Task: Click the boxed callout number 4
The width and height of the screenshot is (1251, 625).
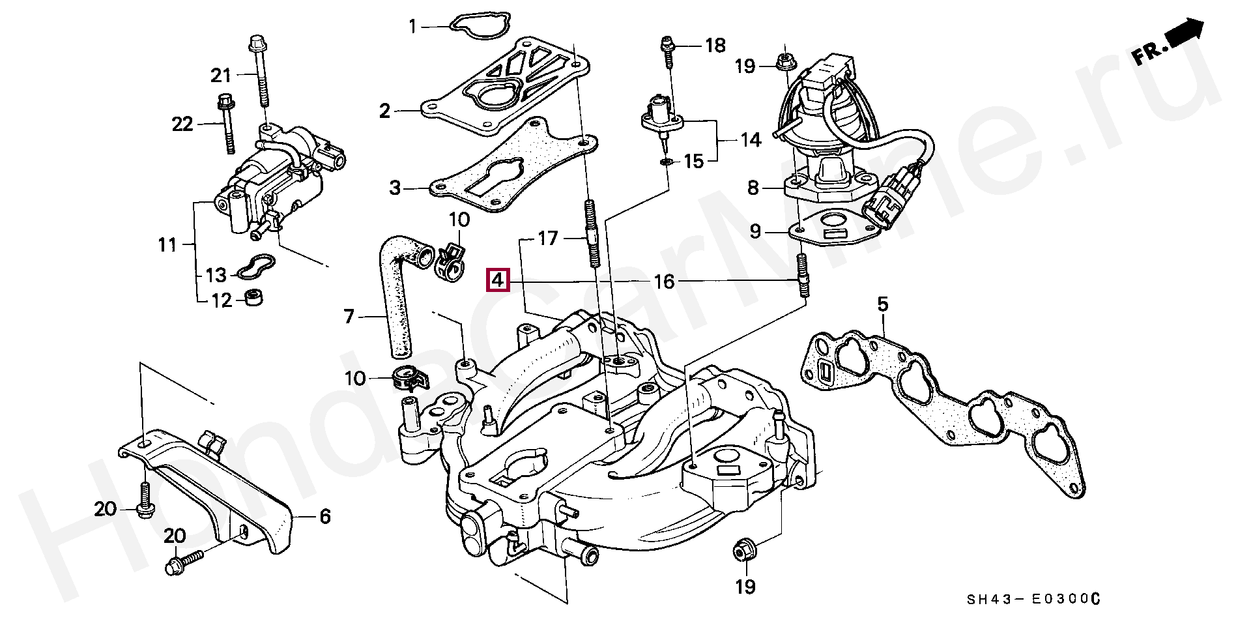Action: click(497, 280)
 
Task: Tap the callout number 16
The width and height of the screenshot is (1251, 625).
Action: click(664, 282)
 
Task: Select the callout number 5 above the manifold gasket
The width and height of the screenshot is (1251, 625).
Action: click(882, 304)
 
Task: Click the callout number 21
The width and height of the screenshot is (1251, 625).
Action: click(221, 76)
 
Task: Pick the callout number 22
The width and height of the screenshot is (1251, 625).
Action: click(182, 124)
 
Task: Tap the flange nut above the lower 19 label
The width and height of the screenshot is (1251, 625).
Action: click(741, 551)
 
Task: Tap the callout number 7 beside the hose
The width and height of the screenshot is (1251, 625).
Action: click(349, 317)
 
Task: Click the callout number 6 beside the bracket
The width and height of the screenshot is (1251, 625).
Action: click(325, 517)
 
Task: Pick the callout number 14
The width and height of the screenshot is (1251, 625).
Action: click(751, 139)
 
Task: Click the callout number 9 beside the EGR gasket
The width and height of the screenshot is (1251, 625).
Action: click(755, 231)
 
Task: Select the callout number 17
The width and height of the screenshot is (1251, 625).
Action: click(549, 239)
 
